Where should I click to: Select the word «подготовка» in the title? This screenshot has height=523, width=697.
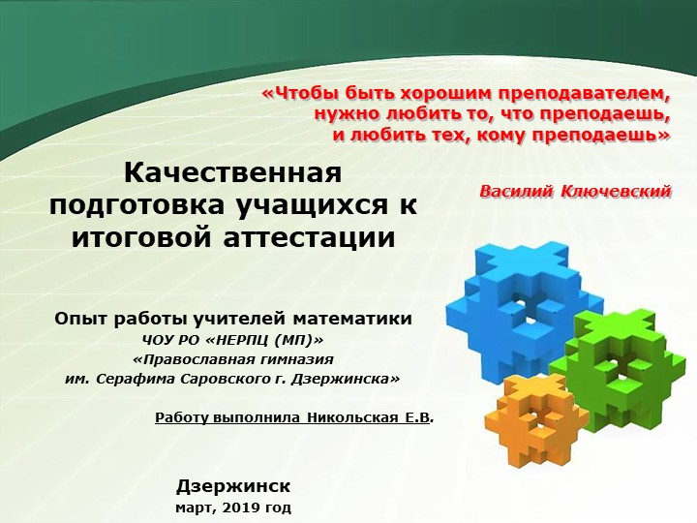coord(136,206)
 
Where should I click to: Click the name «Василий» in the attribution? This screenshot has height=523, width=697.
coord(517,193)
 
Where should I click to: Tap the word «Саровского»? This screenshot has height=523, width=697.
coord(219,378)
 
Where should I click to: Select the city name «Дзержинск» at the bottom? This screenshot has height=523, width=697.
coord(233,486)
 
